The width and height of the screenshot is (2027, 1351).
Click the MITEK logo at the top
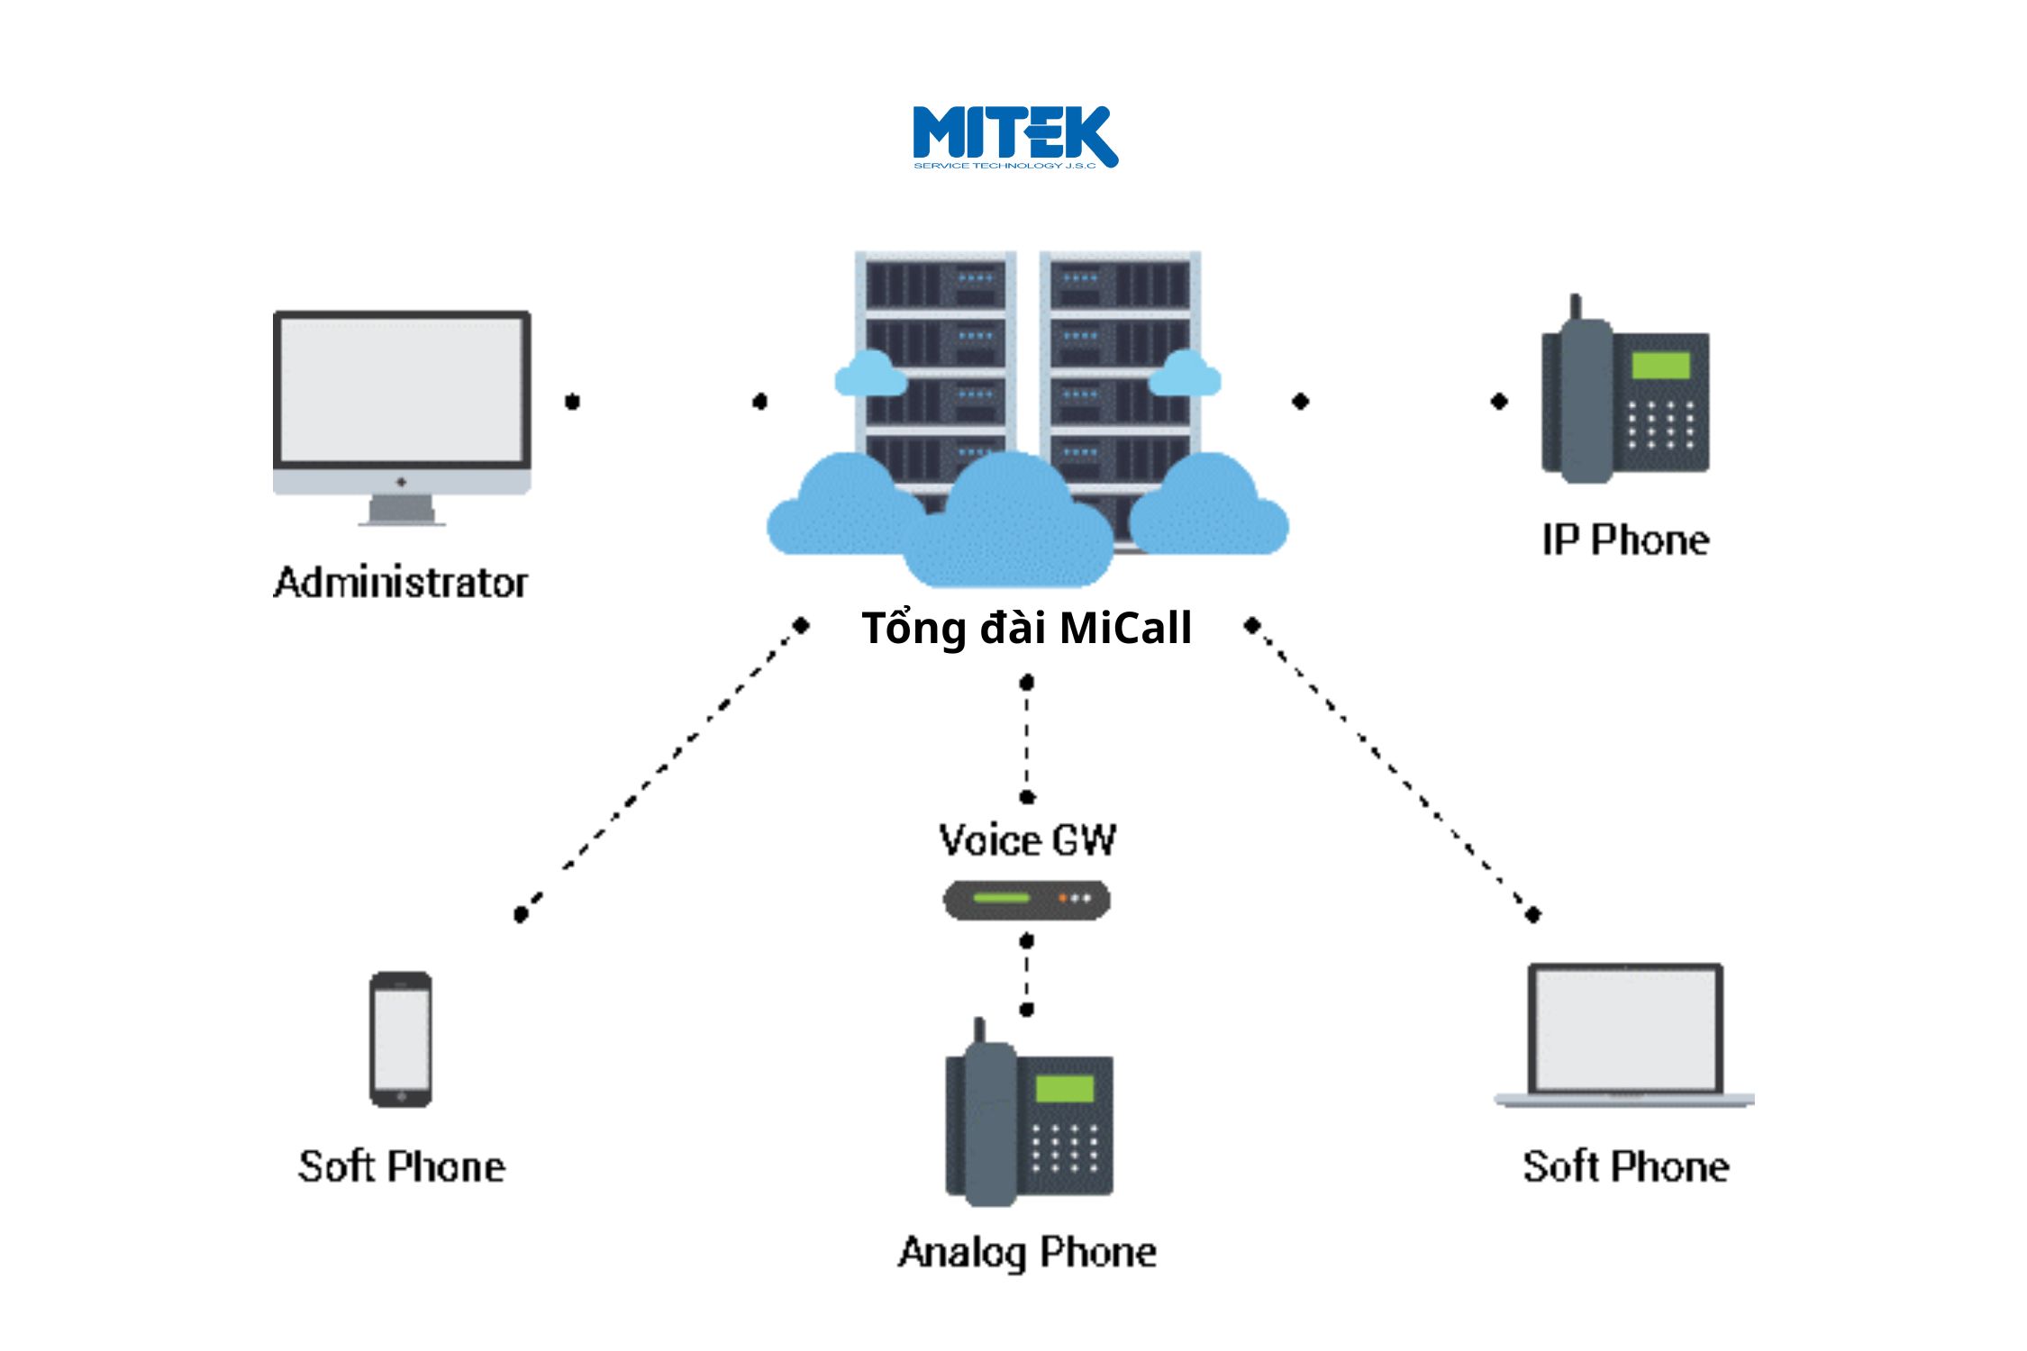coord(1015,137)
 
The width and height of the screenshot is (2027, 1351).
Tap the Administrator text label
coord(401,583)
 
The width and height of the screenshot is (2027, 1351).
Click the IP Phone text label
coord(1625,540)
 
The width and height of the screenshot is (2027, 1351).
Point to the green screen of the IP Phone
coord(1660,365)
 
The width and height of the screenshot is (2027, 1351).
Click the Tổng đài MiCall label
coord(1026,628)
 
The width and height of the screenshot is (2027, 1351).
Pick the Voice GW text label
coord(1027,840)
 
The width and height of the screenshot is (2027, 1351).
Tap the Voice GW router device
coord(1026,899)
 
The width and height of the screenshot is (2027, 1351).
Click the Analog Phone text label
coord(1027,1252)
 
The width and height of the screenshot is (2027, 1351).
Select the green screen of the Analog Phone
coord(1064,1088)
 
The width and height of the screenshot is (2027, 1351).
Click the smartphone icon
coord(401,1038)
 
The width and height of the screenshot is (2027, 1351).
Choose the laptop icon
coord(1625,1034)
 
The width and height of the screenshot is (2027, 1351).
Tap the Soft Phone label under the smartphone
coord(402,1166)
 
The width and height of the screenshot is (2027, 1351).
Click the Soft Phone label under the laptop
coord(1626,1166)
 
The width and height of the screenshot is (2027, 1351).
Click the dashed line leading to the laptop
coord(1393,769)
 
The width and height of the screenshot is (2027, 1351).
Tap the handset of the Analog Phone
coord(979,1121)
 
